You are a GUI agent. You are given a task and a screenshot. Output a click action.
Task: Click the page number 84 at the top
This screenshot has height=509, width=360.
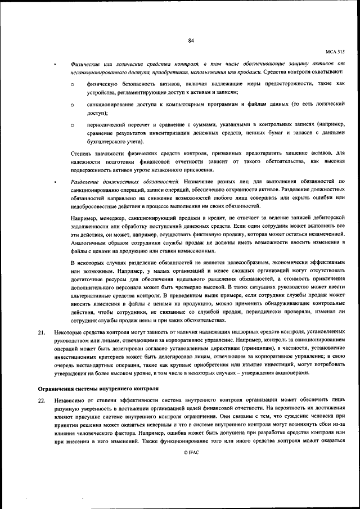(191, 40)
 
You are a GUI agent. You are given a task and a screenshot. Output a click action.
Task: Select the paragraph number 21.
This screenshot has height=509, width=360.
(41, 333)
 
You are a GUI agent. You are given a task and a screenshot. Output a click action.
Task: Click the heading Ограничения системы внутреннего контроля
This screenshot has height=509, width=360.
(98, 389)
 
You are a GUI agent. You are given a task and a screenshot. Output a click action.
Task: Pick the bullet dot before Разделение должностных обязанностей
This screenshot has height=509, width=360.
(55, 182)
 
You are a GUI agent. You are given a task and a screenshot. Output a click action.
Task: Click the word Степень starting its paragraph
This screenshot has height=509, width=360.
(82, 153)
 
